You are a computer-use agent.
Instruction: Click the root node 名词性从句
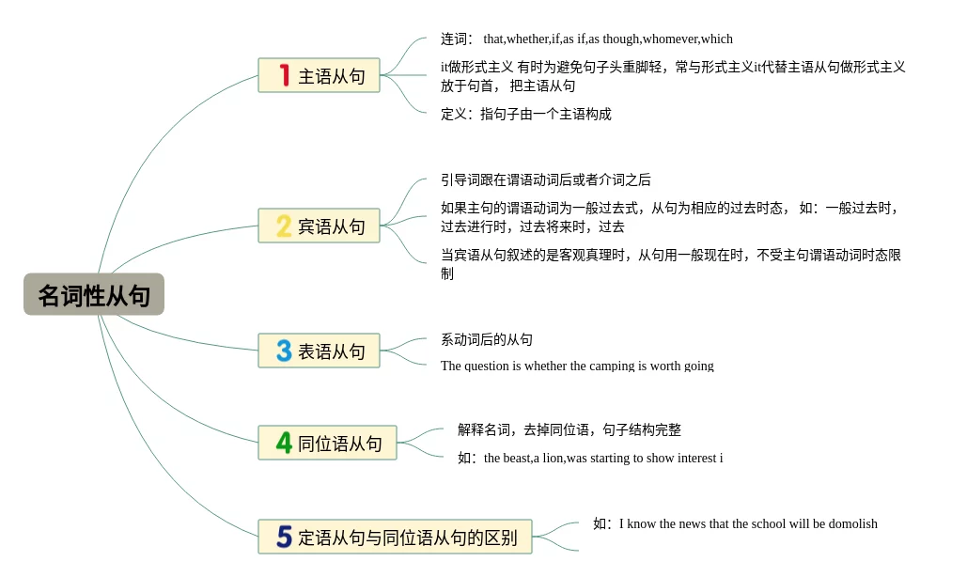coord(94,295)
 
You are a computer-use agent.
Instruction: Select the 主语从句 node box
coord(319,75)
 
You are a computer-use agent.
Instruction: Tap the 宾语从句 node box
coord(319,226)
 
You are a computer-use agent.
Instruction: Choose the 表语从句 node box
coord(319,351)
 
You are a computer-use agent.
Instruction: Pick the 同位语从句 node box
coord(327,443)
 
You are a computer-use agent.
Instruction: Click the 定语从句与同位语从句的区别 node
coord(395,537)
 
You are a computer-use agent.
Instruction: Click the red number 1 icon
coord(285,75)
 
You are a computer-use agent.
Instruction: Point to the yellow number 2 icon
coord(284,226)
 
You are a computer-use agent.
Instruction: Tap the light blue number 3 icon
coord(284,351)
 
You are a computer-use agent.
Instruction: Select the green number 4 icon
coord(284,443)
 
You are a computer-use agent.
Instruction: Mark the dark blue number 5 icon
coord(284,537)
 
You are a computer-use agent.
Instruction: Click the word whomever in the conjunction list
coord(670,39)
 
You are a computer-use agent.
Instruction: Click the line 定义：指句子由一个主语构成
coord(526,114)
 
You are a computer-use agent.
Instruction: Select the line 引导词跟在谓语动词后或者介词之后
coord(546,179)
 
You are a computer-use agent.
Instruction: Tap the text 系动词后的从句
coord(487,339)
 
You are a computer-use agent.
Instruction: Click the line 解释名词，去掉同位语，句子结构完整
coord(569,429)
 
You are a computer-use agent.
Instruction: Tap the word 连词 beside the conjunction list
coord(456,39)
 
